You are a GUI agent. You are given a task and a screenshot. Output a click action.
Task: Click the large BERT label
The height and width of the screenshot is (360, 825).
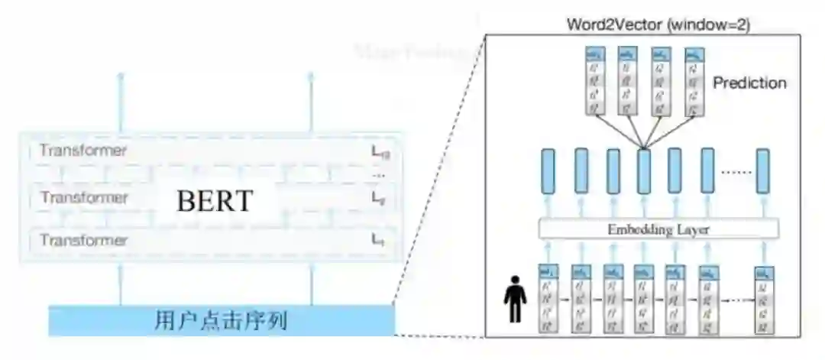[214, 201]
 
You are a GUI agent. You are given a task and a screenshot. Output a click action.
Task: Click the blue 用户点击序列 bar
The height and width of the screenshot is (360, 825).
[222, 320]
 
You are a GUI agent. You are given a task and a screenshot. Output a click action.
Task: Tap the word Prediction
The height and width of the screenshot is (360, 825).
[749, 83]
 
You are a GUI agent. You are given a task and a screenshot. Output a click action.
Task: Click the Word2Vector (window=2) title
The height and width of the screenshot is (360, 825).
[658, 24]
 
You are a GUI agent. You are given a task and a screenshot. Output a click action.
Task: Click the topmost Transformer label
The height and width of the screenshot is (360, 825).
[83, 151]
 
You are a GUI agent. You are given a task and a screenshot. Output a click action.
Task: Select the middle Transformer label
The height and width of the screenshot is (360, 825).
[83, 197]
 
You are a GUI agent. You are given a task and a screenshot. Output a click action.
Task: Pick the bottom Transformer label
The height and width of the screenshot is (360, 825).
[83, 240]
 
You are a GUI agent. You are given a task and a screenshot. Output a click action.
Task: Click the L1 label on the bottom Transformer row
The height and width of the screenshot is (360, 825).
[377, 241]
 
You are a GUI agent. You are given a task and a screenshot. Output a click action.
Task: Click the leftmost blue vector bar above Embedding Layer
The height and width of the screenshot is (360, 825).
[548, 171]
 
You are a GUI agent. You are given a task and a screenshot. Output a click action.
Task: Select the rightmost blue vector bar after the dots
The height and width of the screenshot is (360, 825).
[762, 171]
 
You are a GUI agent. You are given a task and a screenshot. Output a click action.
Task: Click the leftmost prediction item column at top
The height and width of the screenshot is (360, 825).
[596, 81]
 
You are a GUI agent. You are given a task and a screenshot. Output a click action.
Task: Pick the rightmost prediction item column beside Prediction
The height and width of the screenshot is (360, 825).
[694, 81]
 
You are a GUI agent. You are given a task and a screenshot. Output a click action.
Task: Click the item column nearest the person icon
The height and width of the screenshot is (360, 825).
[548, 299]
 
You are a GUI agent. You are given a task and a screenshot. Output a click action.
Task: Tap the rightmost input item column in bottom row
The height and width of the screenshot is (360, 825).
[762, 299]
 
